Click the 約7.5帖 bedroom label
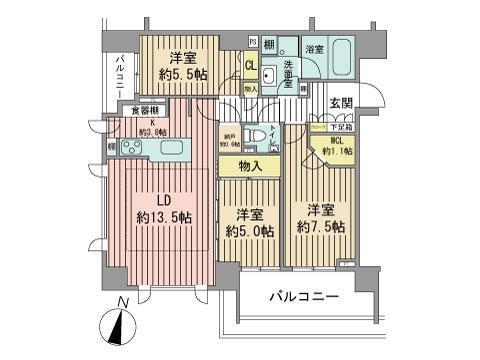point(319,220)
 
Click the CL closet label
point(251,66)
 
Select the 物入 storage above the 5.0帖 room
point(251,166)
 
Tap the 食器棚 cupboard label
point(139,111)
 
